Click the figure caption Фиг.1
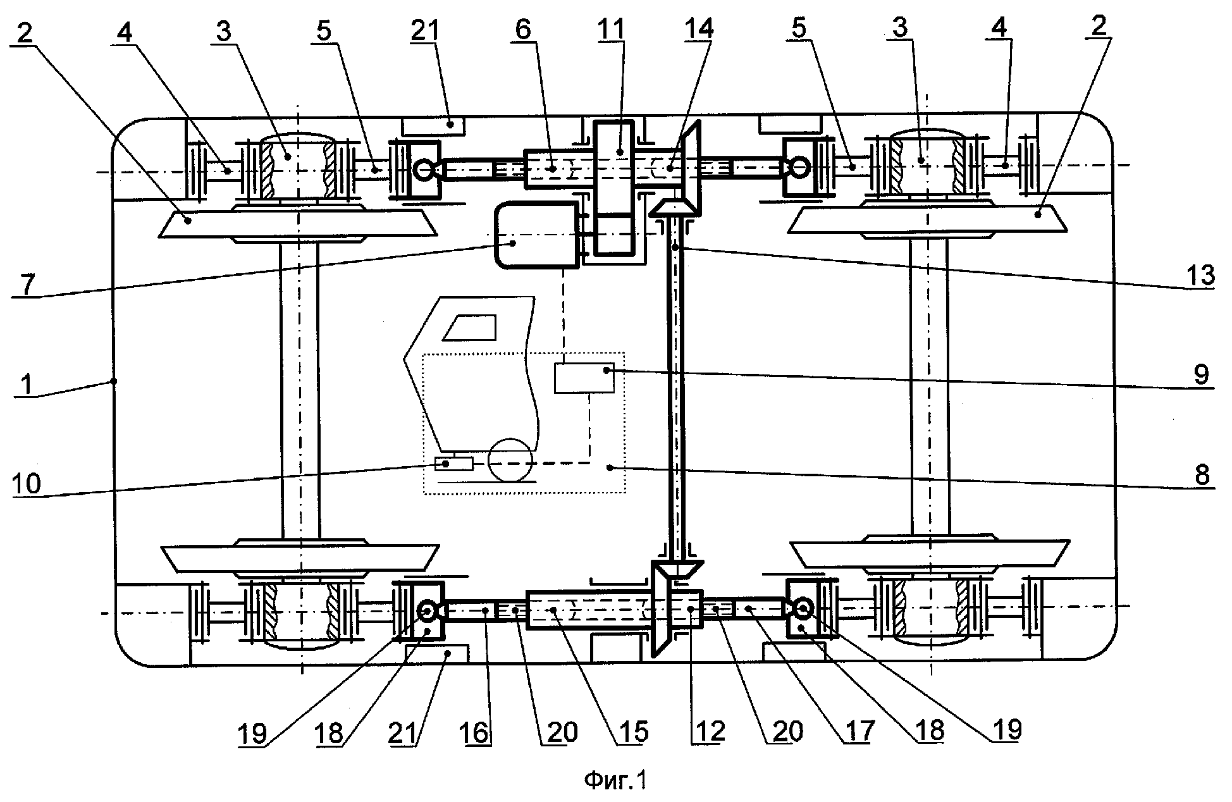[615, 781]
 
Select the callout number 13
[1200, 276]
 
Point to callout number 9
[1201, 374]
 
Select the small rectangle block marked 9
[584, 378]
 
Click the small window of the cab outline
[472, 327]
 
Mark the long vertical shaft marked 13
[675, 392]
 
